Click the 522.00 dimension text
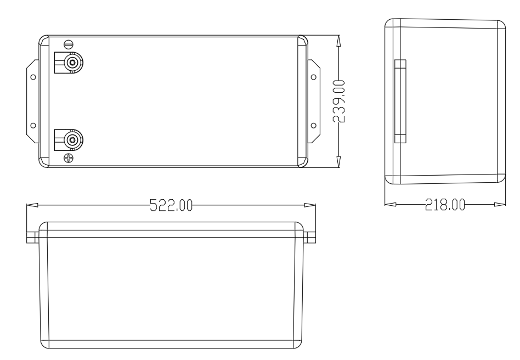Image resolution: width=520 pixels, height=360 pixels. [171, 205]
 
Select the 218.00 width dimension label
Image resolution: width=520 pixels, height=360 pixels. [444, 205]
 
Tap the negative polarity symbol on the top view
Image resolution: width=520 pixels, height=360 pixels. [69, 44]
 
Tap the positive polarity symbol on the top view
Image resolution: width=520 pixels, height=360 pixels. [69, 159]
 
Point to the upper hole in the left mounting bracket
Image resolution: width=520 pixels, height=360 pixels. [33, 77]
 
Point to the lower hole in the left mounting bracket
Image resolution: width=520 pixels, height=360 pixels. [33, 126]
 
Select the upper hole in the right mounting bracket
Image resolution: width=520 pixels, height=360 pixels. [313, 77]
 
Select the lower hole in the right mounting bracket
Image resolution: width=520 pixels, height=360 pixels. [313, 126]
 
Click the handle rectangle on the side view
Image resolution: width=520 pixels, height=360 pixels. [400, 102]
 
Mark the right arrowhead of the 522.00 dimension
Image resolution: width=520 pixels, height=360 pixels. [311, 205]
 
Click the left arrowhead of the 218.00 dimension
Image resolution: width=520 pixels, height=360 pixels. [390, 205]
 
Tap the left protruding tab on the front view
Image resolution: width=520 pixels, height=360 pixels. [32, 237]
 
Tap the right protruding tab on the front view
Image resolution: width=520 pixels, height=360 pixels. [311, 237]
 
